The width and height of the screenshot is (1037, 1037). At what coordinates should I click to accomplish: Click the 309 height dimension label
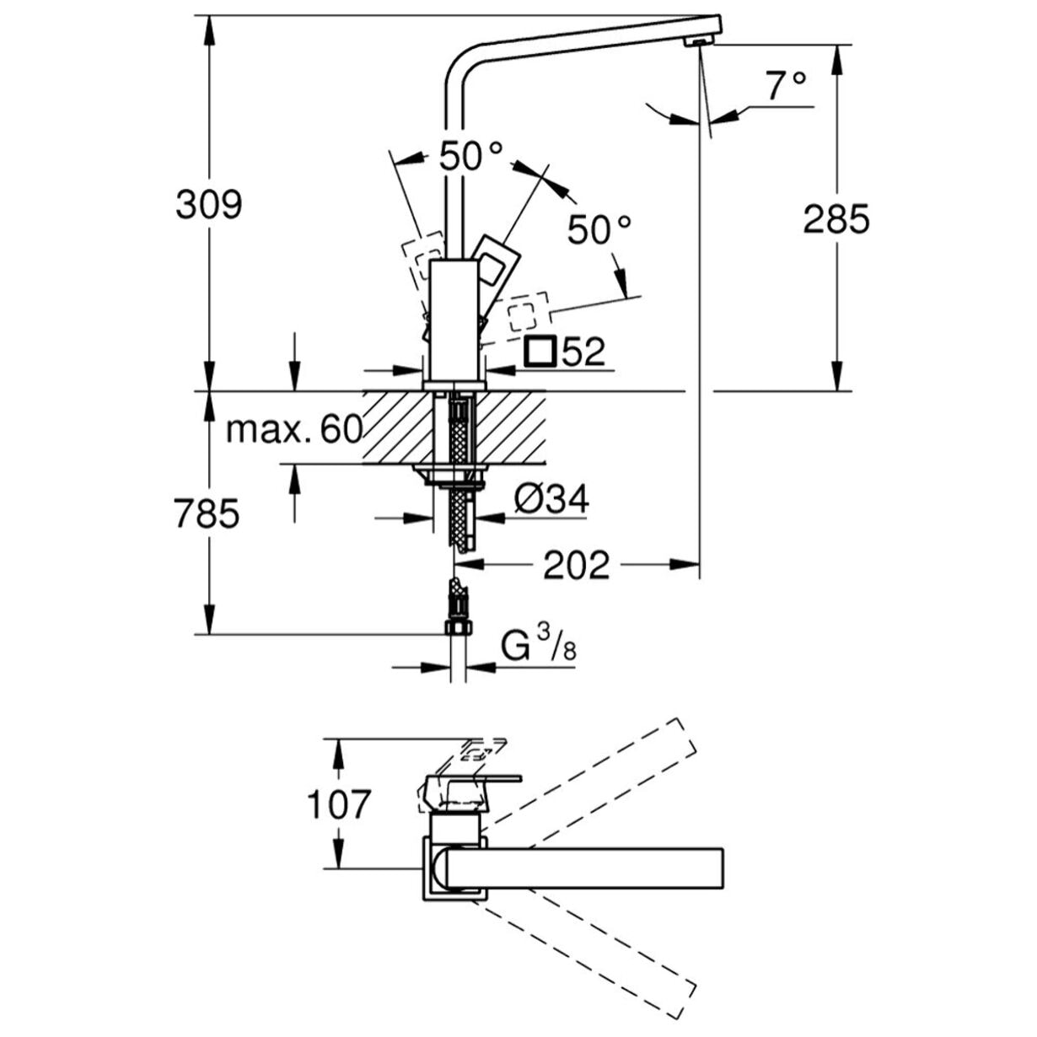pyautogui.click(x=208, y=205)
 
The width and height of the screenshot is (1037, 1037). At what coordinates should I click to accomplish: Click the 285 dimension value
pyautogui.click(x=836, y=220)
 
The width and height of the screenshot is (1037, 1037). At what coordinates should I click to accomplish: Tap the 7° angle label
pyautogui.click(x=786, y=85)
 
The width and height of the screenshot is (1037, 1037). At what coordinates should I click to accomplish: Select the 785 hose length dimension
pyautogui.click(x=207, y=513)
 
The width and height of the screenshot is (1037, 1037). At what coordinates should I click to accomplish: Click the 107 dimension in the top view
pyautogui.click(x=337, y=804)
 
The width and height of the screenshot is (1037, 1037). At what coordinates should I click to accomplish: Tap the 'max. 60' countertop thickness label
pyautogui.click(x=294, y=431)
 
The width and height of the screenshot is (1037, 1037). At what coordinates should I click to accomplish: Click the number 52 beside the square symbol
pyautogui.click(x=583, y=352)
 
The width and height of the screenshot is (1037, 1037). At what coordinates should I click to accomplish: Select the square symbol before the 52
pyautogui.click(x=540, y=351)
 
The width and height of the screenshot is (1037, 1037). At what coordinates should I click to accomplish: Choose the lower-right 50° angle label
pyautogui.click(x=599, y=229)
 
